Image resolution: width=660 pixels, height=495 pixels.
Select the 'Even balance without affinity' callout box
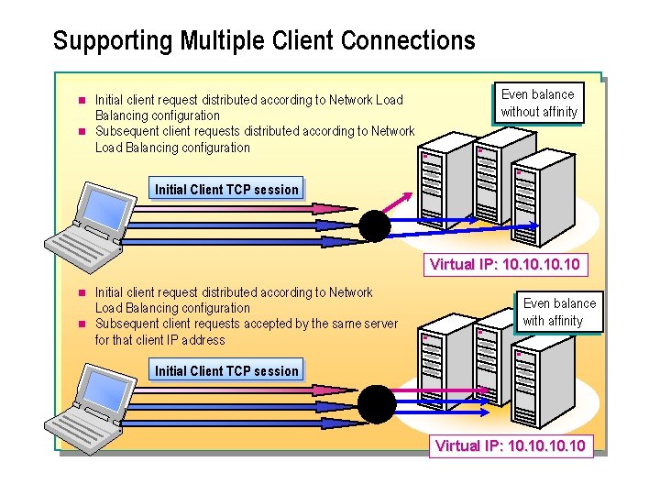pos(539,103)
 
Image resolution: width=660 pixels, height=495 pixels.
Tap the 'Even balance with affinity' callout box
pos(559,312)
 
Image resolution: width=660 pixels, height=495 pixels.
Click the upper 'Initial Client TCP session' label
pos(226,190)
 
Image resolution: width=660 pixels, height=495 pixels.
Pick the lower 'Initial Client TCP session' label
pos(226,371)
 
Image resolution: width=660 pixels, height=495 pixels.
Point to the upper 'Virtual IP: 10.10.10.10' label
pos(504,265)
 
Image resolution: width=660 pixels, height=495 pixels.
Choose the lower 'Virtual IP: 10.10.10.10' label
pos(511,446)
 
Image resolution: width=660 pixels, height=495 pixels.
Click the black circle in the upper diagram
pos(375,225)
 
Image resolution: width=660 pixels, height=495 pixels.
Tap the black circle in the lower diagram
pos(375,401)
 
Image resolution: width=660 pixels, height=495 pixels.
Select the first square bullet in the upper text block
pos(81,100)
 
